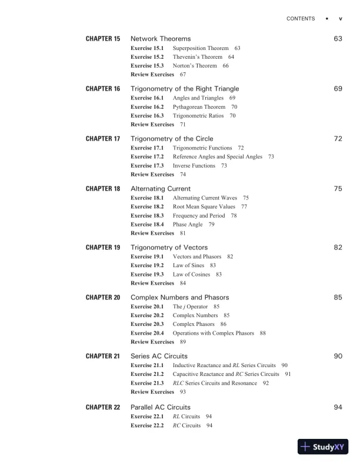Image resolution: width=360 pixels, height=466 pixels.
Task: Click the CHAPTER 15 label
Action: pyautogui.click(x=103, y=39)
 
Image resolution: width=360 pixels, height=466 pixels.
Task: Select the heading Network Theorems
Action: pyautogui.click(x=161, y=39)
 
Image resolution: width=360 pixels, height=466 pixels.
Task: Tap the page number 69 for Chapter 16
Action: pyautogui.click(x=338, y=89)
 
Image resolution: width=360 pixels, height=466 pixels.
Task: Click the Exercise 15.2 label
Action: pyautogui.click(x=147, y=57)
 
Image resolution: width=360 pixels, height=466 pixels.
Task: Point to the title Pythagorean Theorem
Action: pyautogui.click(x=199, y=107)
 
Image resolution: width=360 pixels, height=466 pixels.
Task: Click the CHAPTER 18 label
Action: pyautogui.click(x=103, y=189)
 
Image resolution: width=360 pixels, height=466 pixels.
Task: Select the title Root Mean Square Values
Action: pyautogui.click(x=204, y=207)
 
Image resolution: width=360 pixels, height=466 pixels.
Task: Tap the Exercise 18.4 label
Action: pyautogui.click(x=147, y=225)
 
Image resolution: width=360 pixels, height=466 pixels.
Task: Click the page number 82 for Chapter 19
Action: pyautogui.click(x=338, y=248)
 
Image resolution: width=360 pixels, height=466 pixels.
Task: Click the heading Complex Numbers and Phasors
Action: pyautogui.click(x=179, y=298)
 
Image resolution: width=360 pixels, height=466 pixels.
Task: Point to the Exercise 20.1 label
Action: pyautogui.click(x=147, y=307)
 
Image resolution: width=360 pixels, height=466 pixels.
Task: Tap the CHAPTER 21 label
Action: pyautogui.click(x=103, y=357)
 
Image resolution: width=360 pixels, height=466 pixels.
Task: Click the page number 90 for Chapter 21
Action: pyautogui.click(x=338, y=357)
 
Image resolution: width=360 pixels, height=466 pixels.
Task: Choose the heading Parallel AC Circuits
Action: pyautogui.click(x=160, y=407)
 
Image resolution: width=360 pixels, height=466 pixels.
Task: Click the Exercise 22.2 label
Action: pyautogui.click(x=147, y=425)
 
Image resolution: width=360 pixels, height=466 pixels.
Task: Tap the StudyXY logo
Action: pyautogui.click(x=324, y=447)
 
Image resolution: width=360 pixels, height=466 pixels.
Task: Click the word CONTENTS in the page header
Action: pyautogui.click(x=301, y=19)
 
